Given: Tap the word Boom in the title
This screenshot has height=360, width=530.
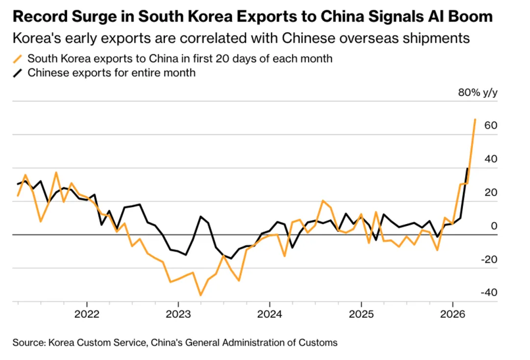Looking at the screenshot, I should click(x=468, y=17).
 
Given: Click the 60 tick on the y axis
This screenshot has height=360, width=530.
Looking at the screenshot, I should click(x=491, y=126).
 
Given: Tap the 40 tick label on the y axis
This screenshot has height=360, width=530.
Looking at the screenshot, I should click(x=491, y=159).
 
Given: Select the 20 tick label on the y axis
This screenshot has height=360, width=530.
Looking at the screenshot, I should click(x=491, y=192).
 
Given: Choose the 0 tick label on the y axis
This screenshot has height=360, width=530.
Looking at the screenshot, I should click(x=494, y=226).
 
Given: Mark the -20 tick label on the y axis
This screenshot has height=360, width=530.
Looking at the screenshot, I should click(x=489, y=259).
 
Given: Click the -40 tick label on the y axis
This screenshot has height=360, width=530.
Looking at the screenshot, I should click(x=489, y=293).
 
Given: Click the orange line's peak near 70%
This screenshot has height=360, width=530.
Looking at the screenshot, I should click(x=475, y=119).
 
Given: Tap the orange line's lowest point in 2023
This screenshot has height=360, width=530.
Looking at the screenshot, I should click(x=201, y=295).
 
